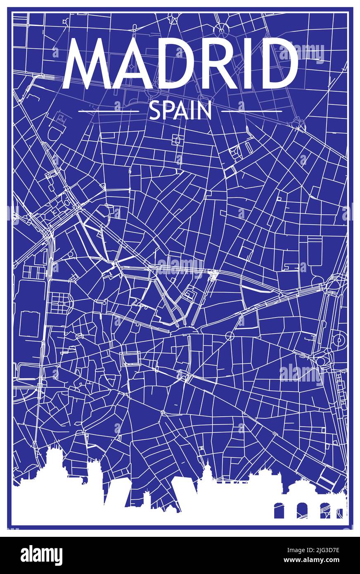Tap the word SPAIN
point(180,111)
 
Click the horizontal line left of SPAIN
point(109,111)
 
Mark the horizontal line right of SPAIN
point(251,111)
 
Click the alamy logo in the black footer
point(41,555)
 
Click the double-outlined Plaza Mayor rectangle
point(130,358)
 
